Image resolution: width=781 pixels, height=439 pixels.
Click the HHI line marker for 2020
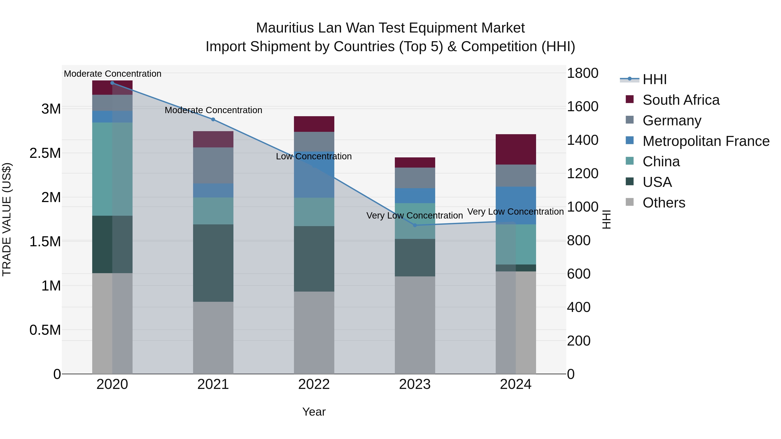112,83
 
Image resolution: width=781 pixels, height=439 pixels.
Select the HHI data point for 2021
213,120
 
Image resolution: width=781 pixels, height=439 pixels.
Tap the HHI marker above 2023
415,225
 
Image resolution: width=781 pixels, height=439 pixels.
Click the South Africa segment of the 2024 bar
516,149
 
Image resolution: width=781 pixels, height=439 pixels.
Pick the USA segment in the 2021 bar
213,263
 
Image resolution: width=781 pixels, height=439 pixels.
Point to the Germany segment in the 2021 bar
213,165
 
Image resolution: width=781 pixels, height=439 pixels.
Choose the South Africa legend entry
681,100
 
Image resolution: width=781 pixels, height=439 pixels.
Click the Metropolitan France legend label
706,141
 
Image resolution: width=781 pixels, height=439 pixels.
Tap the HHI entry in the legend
654,79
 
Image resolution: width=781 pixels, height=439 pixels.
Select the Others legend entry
664,203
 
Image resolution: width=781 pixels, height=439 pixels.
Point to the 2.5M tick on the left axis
45,153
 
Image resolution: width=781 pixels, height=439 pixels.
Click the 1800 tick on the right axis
582,73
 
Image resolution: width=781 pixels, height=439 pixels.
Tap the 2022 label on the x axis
314,384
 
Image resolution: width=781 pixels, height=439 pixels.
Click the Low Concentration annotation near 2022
314,156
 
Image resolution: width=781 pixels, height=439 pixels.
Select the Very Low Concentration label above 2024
515,211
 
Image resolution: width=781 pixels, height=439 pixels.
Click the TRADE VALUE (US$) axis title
7,219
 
